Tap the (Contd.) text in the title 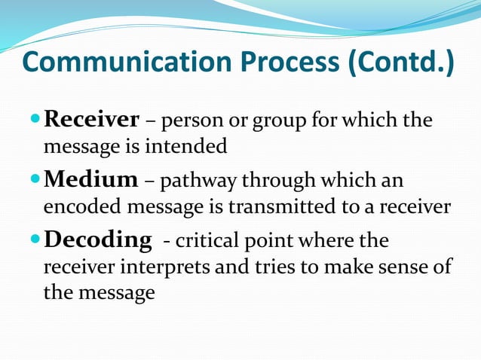click(400, 63)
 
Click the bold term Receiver click(92, 119)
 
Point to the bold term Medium click(91, 179)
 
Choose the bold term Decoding click(97, 239)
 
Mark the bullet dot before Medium click(35, 180)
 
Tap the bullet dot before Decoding click(35, 240)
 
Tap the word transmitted click(283, 207)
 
